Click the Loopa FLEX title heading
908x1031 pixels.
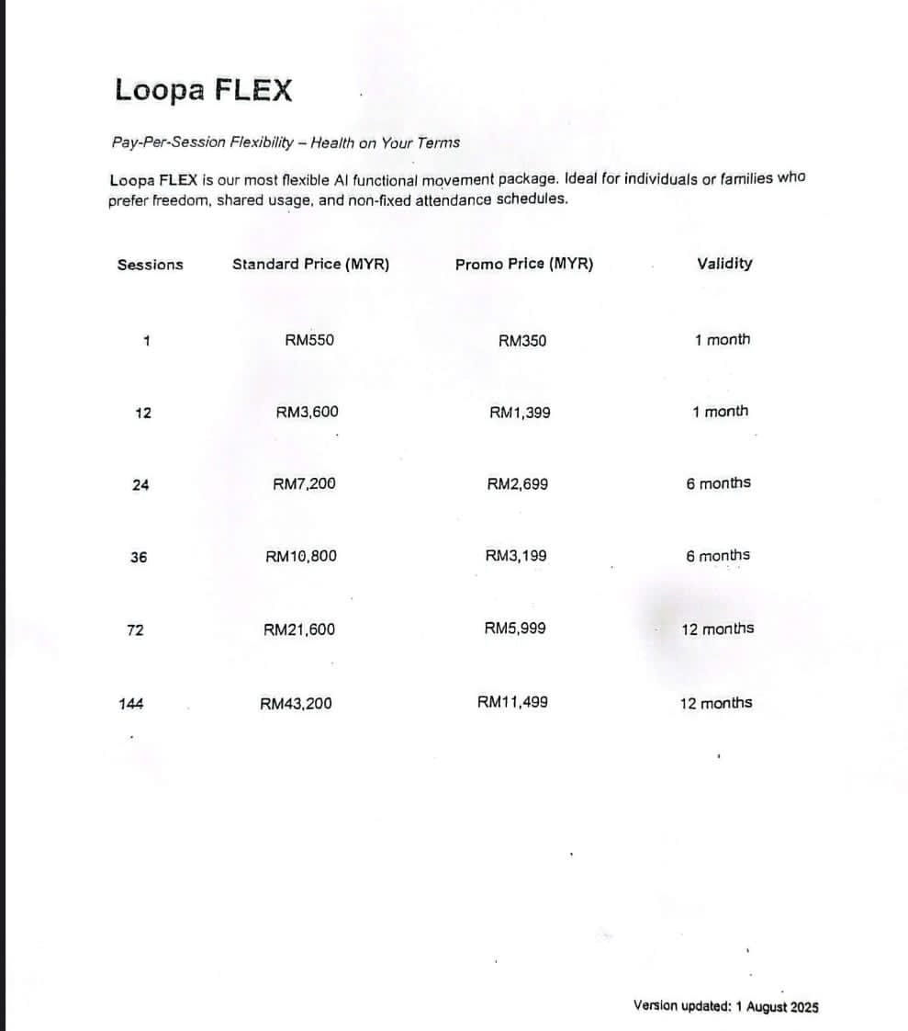(204, 91)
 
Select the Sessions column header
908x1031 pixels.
(150, 265)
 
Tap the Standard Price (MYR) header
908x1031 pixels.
(310, 265)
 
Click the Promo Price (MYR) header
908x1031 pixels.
(524, 265)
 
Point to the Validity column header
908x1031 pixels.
(724, 264)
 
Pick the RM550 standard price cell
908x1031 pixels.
(309, 340)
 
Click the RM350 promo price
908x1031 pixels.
(521, 341)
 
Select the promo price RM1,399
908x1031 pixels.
(520, 413)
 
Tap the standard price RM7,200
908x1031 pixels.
(304, 484)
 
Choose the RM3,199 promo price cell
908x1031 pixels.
(516, 556)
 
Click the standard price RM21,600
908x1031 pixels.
(299, 629)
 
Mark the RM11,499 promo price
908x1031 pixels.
(512, 703)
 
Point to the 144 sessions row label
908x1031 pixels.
(130, 704)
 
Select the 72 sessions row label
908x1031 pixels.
(135, 630)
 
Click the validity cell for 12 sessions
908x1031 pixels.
(721, 412)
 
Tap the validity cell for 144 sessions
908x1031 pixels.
(716, 703)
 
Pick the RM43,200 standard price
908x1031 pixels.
(296, 704)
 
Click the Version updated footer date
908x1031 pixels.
(725, 1006)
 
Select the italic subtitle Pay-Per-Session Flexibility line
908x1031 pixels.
(286, 142)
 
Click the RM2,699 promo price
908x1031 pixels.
(518, 484)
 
